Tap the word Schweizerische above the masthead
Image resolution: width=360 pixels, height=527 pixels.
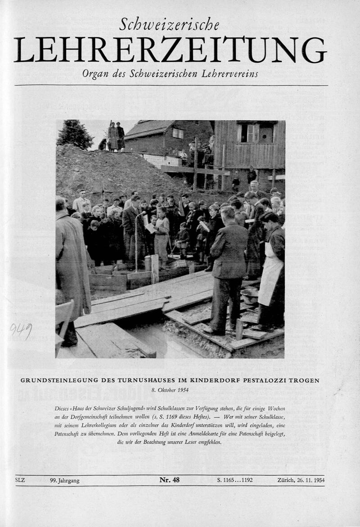[x=169, y=25]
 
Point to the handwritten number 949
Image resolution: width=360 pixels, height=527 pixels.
[x=21, y=331]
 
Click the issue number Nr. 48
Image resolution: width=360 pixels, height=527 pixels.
[x=169, y=480]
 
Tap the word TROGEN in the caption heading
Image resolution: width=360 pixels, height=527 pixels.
[x=304, y=380]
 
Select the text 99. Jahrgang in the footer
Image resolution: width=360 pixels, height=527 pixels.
[x=65, y=480]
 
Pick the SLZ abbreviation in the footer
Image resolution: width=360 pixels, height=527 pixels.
[x=20, y=480]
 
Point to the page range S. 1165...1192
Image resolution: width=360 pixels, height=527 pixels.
[x=235, y=480]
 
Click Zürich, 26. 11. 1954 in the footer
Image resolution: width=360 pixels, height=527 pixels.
[x=301, y=480]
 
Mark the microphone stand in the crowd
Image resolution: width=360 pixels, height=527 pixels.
[x=136, y=241]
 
